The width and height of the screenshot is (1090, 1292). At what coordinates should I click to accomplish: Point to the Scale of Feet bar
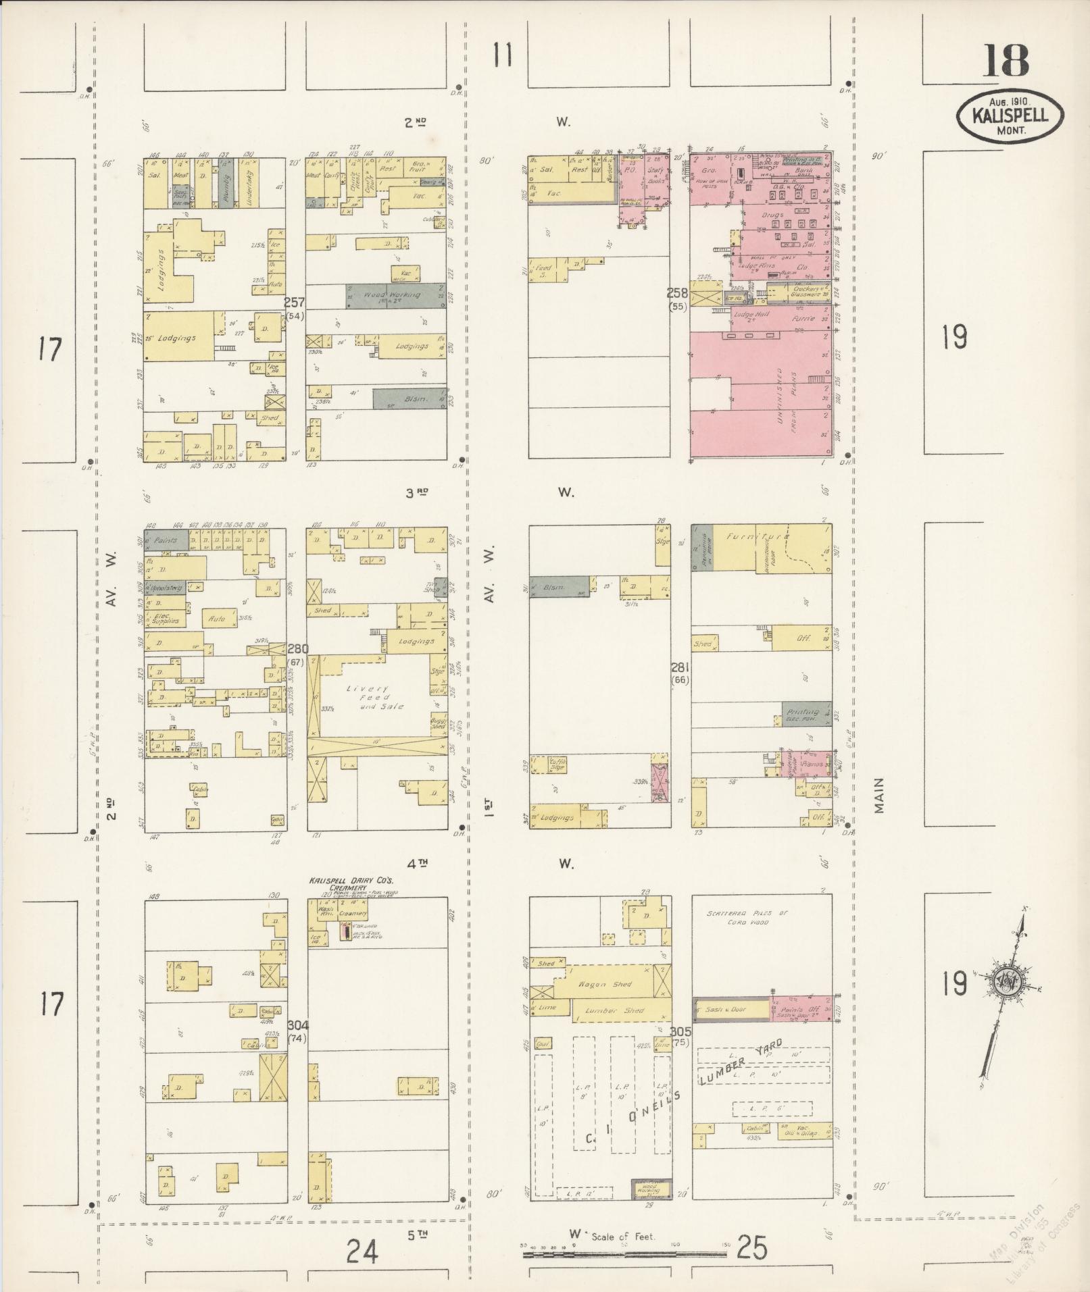tap(624, 1254)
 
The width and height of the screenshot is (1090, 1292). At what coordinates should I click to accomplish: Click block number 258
tap(678, 293)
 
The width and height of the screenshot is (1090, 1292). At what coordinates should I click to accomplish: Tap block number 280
tap(298, 648)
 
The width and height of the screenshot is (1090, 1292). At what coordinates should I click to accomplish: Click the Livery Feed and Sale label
tap(374, 697)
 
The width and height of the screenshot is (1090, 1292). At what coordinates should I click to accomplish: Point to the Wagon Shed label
tap(612, 984)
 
